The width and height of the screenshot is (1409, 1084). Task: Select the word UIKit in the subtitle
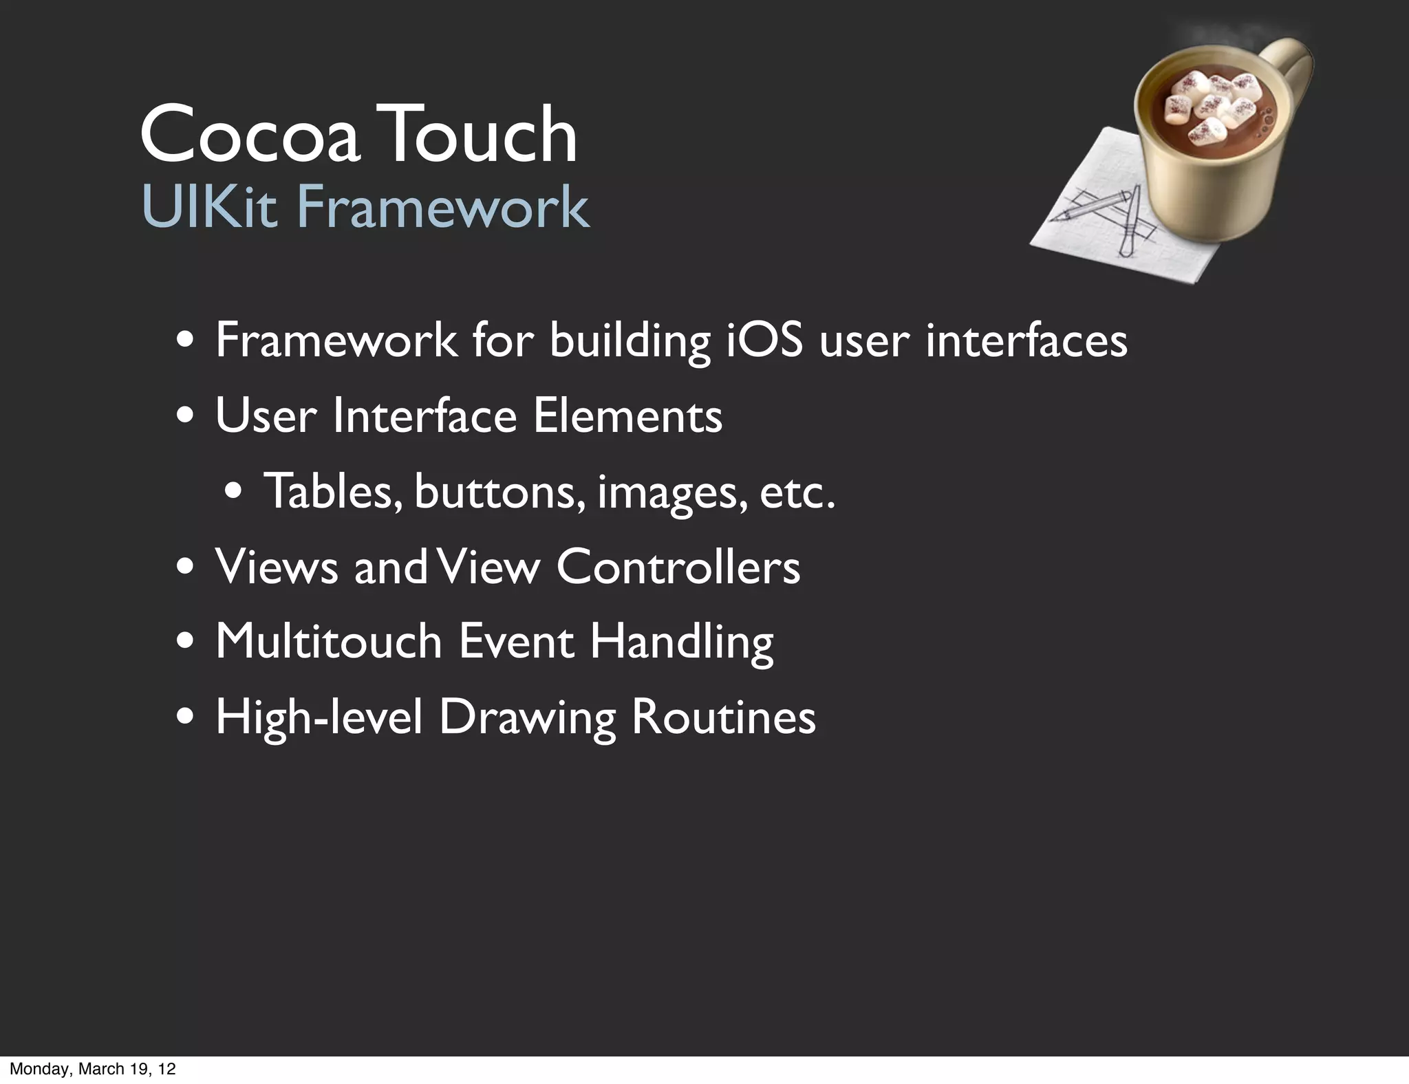point(209,206)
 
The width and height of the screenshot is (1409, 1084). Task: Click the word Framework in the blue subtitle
point(442,206)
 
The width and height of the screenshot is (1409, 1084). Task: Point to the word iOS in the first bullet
point(765,340)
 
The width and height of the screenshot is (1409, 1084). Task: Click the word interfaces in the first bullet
point(1026,340)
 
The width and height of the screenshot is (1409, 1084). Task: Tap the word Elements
point(627,415)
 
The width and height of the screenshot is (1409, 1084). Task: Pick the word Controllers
point(678,567)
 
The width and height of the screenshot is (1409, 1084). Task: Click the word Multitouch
point(329,641)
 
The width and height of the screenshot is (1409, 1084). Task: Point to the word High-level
point(319,717)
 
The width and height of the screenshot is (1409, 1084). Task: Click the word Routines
point(723,717)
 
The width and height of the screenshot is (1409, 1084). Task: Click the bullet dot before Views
point(184,569)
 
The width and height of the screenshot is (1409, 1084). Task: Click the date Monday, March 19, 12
point(93,1068)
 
